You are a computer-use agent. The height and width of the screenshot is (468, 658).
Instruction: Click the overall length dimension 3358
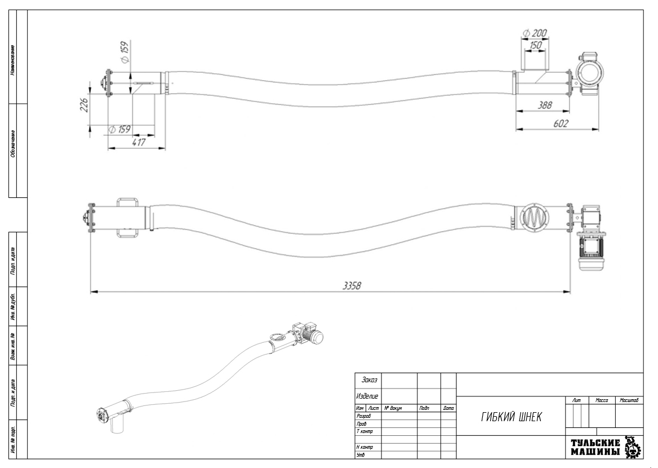click(352, 285)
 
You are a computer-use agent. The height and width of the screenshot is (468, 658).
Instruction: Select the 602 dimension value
click(560, 123)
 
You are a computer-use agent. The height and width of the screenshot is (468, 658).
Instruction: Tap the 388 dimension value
click(545, 105)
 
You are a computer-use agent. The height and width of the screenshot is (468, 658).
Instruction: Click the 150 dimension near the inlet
click(536, 45)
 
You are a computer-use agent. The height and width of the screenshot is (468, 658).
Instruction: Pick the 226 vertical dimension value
click(83, 105)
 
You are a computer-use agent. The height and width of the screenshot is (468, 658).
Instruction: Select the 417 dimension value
click(137, 143)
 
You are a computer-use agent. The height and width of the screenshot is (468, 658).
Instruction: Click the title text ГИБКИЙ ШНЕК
click(512, 417)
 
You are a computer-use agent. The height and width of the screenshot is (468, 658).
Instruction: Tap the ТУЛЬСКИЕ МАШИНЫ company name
click(595, 448)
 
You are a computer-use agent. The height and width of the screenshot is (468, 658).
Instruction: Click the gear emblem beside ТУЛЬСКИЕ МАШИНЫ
click(634, 447)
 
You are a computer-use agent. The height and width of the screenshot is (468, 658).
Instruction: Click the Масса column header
click(602, 400)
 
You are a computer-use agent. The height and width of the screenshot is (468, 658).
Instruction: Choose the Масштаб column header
click(629, 400)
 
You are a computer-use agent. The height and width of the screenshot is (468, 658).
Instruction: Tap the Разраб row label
click(364, 416)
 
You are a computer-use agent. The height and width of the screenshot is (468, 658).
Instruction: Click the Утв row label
click(361, 454)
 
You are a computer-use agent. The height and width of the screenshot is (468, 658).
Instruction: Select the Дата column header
click(448, 408)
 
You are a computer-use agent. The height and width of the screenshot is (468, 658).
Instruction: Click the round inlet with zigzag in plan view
click(532, 217)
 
